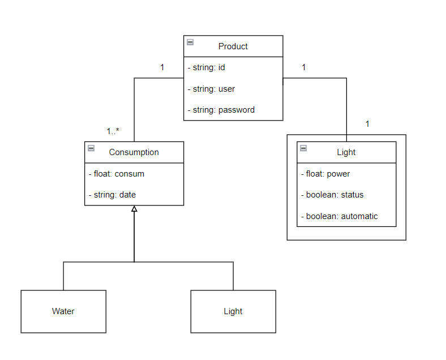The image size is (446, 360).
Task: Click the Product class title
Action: [233, 46]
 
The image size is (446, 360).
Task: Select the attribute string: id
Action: [207, 67]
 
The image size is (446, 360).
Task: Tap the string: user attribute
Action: [211, 89]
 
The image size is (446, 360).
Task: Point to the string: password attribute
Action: [221, 110]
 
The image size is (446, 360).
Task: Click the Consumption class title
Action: [134, 152]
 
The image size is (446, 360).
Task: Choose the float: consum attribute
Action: [117, 174]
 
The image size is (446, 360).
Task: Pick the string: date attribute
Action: [112, 195]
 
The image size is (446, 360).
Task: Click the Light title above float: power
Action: [346, 152]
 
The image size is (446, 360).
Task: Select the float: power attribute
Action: [325, 174]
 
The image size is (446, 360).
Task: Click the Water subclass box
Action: [63, 311]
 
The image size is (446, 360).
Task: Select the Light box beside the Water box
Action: [233, 311]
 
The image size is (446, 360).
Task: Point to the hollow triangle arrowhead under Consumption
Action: [134, 209]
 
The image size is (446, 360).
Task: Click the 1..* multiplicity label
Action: [113, 131]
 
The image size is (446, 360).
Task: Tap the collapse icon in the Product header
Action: [190, 42]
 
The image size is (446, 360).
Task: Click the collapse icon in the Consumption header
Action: [91, 148]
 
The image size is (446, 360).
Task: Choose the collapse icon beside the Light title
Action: [303, 148]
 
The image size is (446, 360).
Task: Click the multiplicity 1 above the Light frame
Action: [367, 123]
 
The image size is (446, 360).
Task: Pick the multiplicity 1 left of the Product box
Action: [162, 67]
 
